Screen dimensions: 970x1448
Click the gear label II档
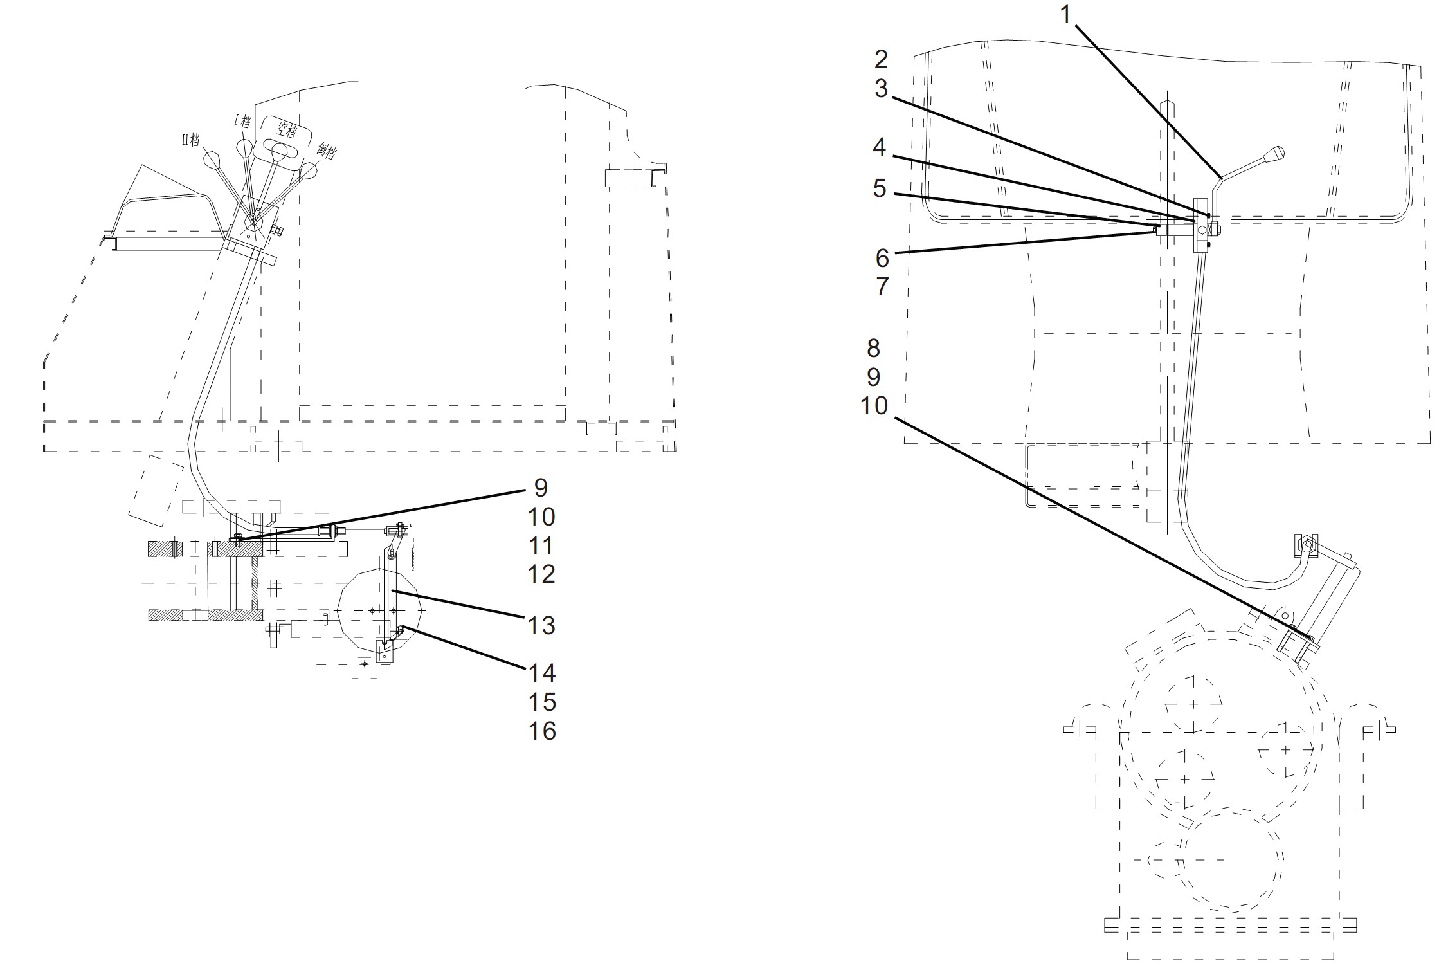click(x=190, y=140)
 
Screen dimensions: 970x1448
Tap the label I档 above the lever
click(x=242, y=120)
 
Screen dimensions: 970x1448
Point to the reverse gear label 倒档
click(x=326, y=151)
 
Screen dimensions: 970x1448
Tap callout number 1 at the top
click(x=1065, y=14)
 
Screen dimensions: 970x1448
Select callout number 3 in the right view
click(x=881, y=89)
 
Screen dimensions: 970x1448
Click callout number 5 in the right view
click(x=879, y=188)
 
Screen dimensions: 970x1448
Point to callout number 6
click(x=882, y=258)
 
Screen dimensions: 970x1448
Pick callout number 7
click(x=882, y=286)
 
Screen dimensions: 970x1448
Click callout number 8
click(x=873, y=348)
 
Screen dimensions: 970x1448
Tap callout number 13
click(x=541, y=625)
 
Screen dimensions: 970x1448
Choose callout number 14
click(x=541, y=673)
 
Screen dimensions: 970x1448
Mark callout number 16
click(x=541, y=731)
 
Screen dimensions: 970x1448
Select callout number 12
click(x=541, y=574)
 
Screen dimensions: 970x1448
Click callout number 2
click(x=881, y=59)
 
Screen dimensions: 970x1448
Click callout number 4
click(x=879, y=147)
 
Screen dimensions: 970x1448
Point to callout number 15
click(x=541, y=702)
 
